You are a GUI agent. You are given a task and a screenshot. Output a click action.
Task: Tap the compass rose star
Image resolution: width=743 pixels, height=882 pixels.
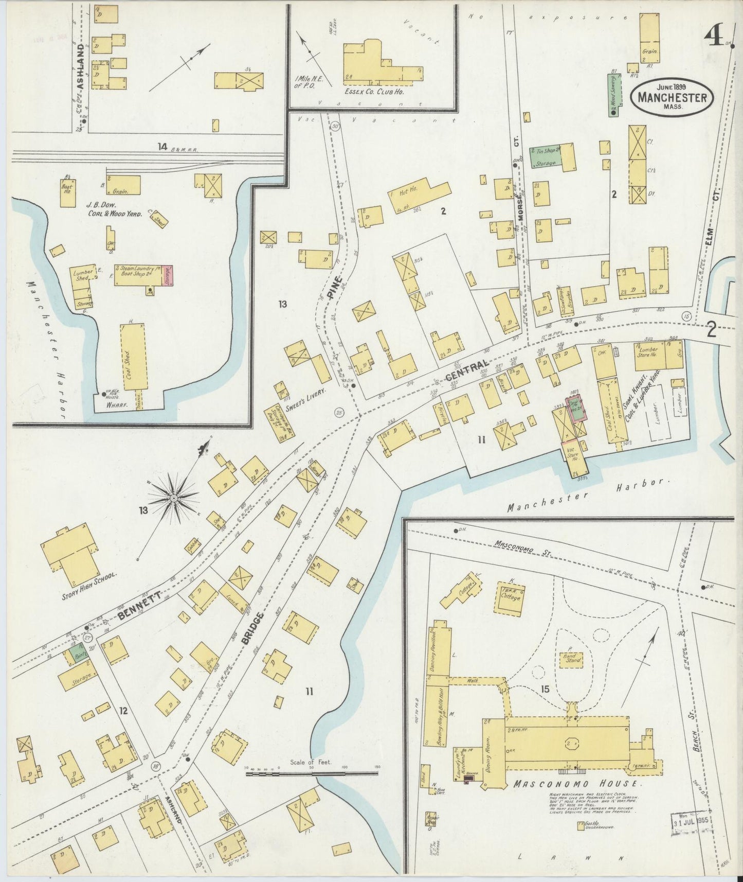point(174,497)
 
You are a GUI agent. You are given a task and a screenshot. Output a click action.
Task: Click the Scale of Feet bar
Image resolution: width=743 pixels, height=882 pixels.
point(312,773)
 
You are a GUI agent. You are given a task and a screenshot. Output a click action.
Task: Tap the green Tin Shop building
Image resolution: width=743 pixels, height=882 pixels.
point(545,157)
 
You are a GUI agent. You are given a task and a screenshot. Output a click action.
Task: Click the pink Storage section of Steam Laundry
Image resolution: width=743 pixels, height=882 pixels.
point(167,275)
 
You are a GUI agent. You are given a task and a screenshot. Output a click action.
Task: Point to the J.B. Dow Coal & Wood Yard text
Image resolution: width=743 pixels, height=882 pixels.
point(114,208)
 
